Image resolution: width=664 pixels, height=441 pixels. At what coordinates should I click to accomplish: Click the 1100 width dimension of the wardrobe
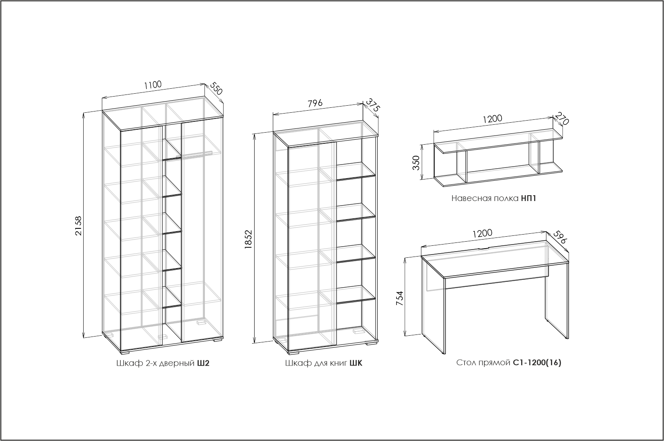[153, 85]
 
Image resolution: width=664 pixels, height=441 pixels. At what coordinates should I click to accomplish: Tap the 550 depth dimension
[217, 89]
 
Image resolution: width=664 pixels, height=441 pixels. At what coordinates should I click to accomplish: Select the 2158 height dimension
[78, 225]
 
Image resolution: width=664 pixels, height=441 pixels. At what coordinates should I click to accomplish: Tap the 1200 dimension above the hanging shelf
[492, 119]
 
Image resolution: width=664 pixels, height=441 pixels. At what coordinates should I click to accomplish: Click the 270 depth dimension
[562, 119]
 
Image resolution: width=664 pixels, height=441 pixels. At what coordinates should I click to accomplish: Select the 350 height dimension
[416, 162]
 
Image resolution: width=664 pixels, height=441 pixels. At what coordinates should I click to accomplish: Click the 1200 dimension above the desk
[482, 233]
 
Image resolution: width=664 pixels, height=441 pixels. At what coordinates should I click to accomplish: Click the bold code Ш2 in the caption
[203, 363]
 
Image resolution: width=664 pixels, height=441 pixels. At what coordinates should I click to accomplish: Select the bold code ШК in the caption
[356, 363]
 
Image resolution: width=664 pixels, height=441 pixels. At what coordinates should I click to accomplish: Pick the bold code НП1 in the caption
[529, 198]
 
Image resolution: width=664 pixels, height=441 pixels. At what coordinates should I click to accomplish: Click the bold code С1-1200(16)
[537, 363]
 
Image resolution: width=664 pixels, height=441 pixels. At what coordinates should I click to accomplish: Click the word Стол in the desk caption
[465, 363]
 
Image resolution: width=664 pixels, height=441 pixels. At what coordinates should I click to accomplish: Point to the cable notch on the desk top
[484, 249]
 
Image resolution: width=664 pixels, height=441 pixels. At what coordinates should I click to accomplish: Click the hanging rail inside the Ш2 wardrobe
[194, 154]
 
